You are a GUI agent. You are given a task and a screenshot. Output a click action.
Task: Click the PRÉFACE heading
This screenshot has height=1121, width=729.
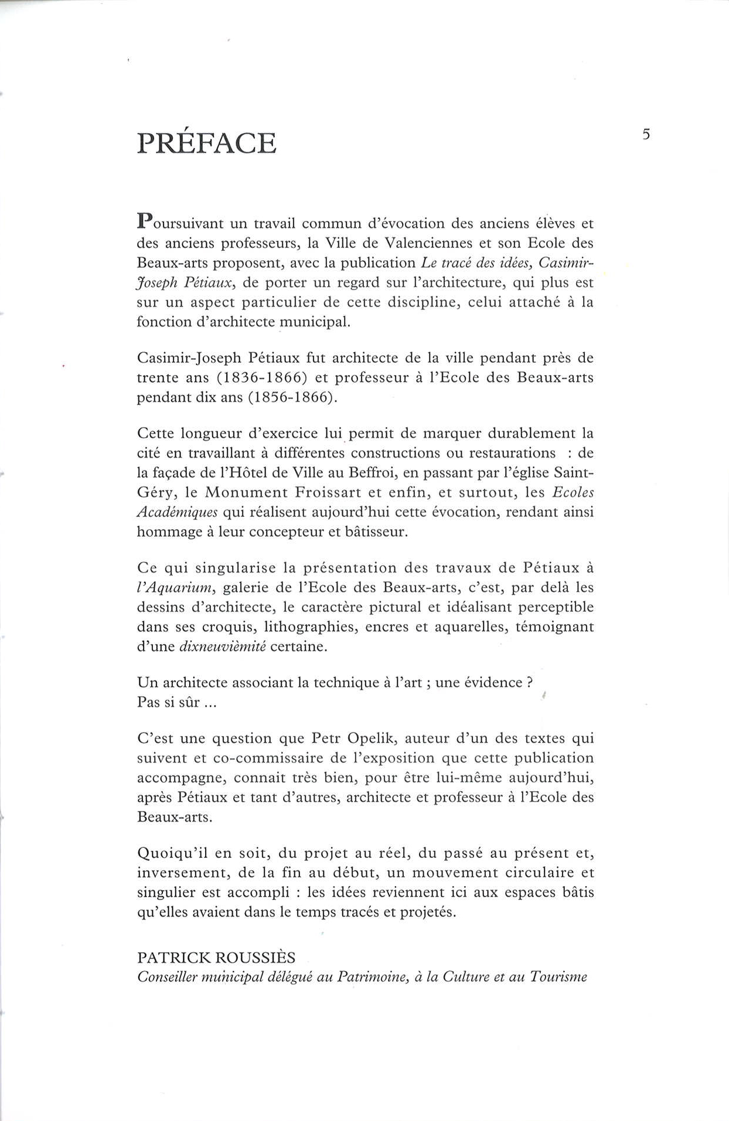pos(206,144)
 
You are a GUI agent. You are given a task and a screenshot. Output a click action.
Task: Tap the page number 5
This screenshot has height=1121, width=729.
pos(646,135)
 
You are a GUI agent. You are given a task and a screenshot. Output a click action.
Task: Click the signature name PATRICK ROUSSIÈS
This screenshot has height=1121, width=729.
pos(216,958)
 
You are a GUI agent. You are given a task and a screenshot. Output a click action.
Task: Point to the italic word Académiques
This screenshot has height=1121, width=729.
pos(177,512)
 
